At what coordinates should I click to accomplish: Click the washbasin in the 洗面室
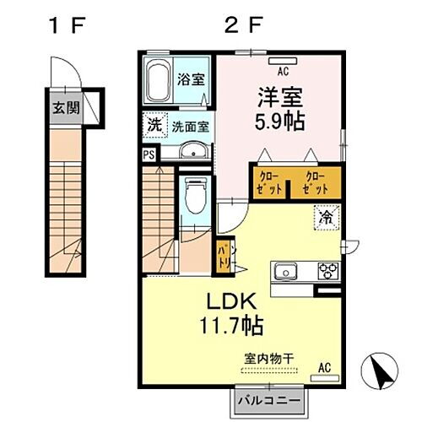pos(193,153)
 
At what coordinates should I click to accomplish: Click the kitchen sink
pos(285,271)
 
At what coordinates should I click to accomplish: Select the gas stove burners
pos(327,271)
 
